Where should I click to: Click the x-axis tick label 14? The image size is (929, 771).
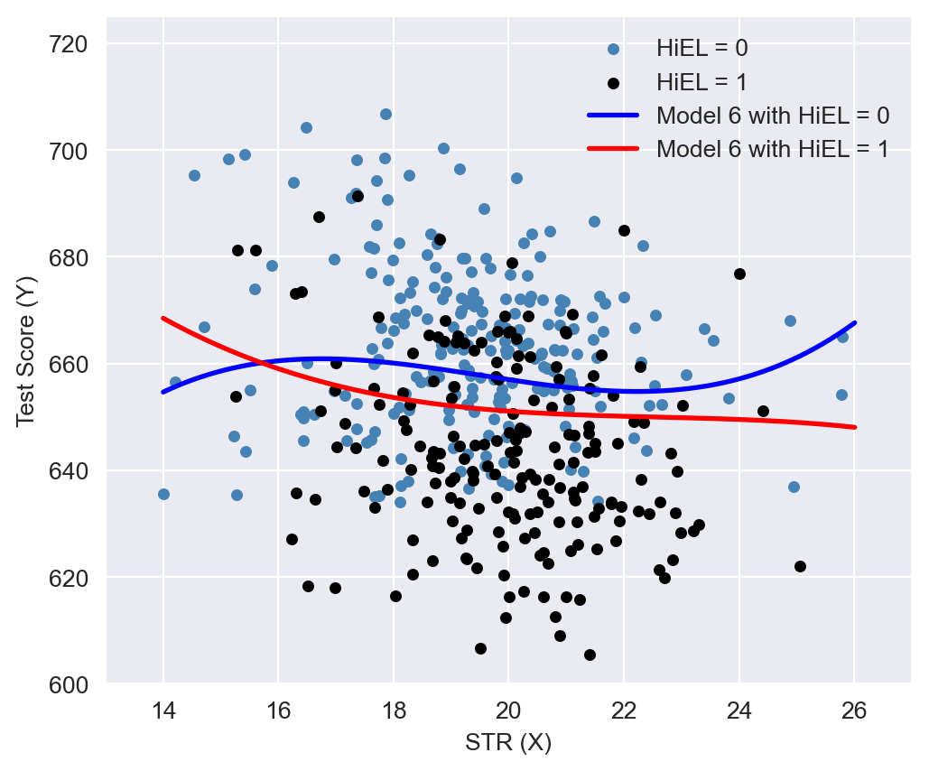click(x=163, y=710)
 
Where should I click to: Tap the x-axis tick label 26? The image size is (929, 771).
click(x=854, y=710)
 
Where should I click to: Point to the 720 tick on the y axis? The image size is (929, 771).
click(x=73, y=43)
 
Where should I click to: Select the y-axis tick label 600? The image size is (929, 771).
click(x=73, y=684)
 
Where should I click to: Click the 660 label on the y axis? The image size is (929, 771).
click(x=73, y=365)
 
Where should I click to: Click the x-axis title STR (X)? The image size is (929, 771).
click(x=508, y=743)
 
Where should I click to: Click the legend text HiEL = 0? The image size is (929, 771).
click(x=701, y=48)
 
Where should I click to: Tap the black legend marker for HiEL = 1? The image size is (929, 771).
click(x=614, y=82)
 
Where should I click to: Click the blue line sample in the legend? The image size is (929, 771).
click(x=614, y=116)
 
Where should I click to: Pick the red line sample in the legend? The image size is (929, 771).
click(x=614, y=149)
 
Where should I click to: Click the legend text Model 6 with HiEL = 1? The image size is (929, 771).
click(x=773, y=149)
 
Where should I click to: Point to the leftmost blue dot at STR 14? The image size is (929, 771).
click(x=163, y=494)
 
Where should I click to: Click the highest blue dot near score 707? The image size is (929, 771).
click(x=386, y=114)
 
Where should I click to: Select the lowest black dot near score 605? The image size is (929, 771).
click(x=590, y=655)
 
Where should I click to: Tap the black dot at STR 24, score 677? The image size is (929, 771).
click(x=739, y=274)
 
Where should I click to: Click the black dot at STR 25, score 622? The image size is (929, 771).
click(x=800, y=566)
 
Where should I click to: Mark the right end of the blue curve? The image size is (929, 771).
click(x=854, y=322)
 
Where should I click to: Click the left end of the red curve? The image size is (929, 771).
click(x=163, y=318)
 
